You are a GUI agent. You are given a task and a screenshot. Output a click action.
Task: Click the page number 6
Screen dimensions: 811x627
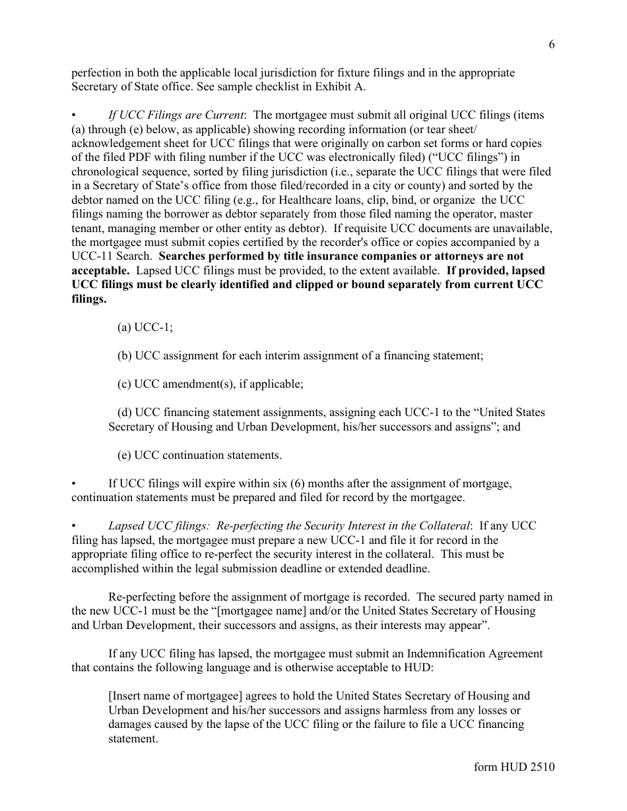click(x=551, y=44)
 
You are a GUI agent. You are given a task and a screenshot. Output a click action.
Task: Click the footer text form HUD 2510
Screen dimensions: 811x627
click(x=514, y=767)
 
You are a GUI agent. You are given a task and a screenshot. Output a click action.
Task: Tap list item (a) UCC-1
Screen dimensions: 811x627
click(x=145, y=327)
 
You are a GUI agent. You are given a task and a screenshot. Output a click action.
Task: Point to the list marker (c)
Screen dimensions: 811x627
click(x=124, y=384)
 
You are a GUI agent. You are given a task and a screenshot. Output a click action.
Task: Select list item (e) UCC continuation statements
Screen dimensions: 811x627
click(x=199, y=455)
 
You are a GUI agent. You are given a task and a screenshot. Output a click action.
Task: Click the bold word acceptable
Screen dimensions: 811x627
click(x=100, y=270)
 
